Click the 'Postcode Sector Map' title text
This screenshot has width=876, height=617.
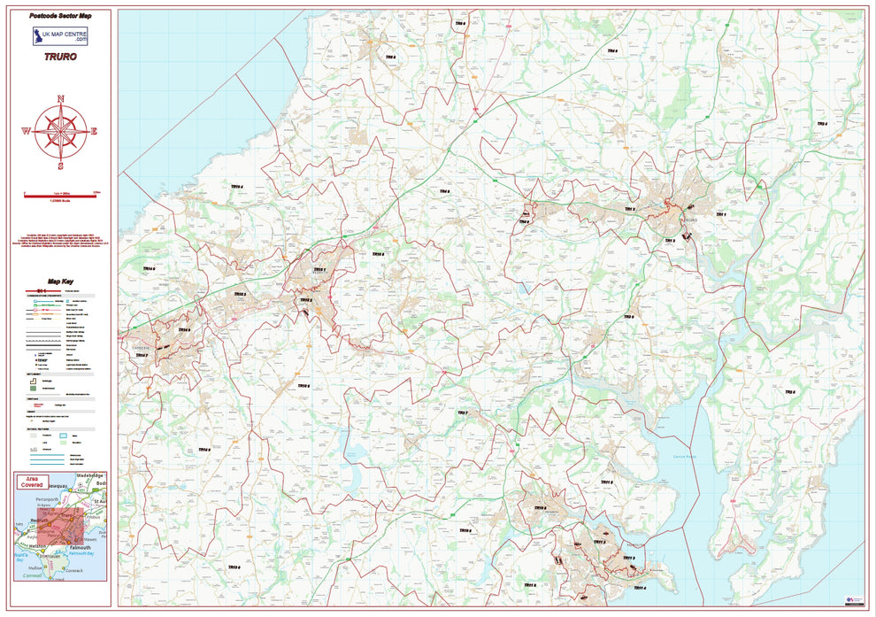[60, 16]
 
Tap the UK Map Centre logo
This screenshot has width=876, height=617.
[60, 36]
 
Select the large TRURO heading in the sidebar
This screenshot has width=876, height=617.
[60, 57]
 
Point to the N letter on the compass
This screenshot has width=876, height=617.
[60, 98]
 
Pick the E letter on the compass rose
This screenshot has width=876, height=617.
[94, 131]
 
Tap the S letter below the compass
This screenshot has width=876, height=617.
[60, 166]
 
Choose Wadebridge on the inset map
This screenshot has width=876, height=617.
[90, 476]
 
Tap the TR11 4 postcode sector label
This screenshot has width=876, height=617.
[638, 588]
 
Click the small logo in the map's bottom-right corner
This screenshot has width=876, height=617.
[854, 599]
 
